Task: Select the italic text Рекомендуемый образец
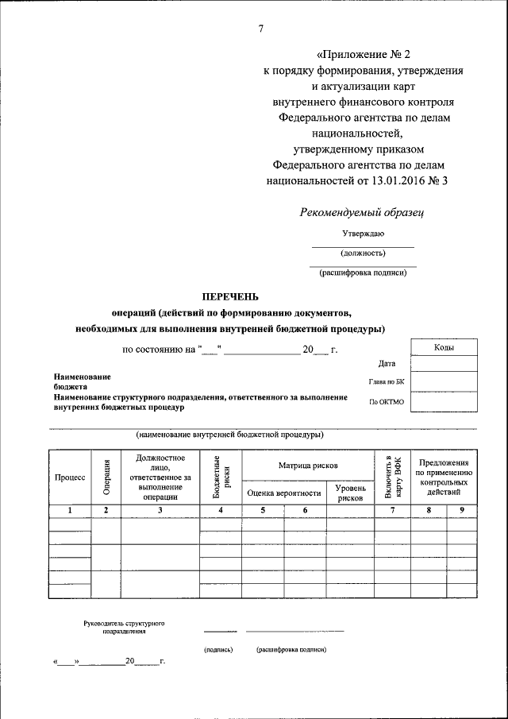(x=363, y=211)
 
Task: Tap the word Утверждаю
(x=363, y=234)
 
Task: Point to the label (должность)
(x=363, y=253)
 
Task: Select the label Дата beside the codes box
(x=387, y=364)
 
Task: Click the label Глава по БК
(x=387, y=382)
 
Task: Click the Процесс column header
(x=70, y=477)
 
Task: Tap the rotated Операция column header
(x=106, y=477)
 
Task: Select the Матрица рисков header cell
(x=308, y=465)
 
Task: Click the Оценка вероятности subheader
(x=284, y=493)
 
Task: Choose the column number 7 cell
(x=392, y=510)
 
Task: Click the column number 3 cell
(x=160, y=510)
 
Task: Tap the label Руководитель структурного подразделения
(x=123, y=626)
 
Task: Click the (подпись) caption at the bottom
(x=218, y=649)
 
